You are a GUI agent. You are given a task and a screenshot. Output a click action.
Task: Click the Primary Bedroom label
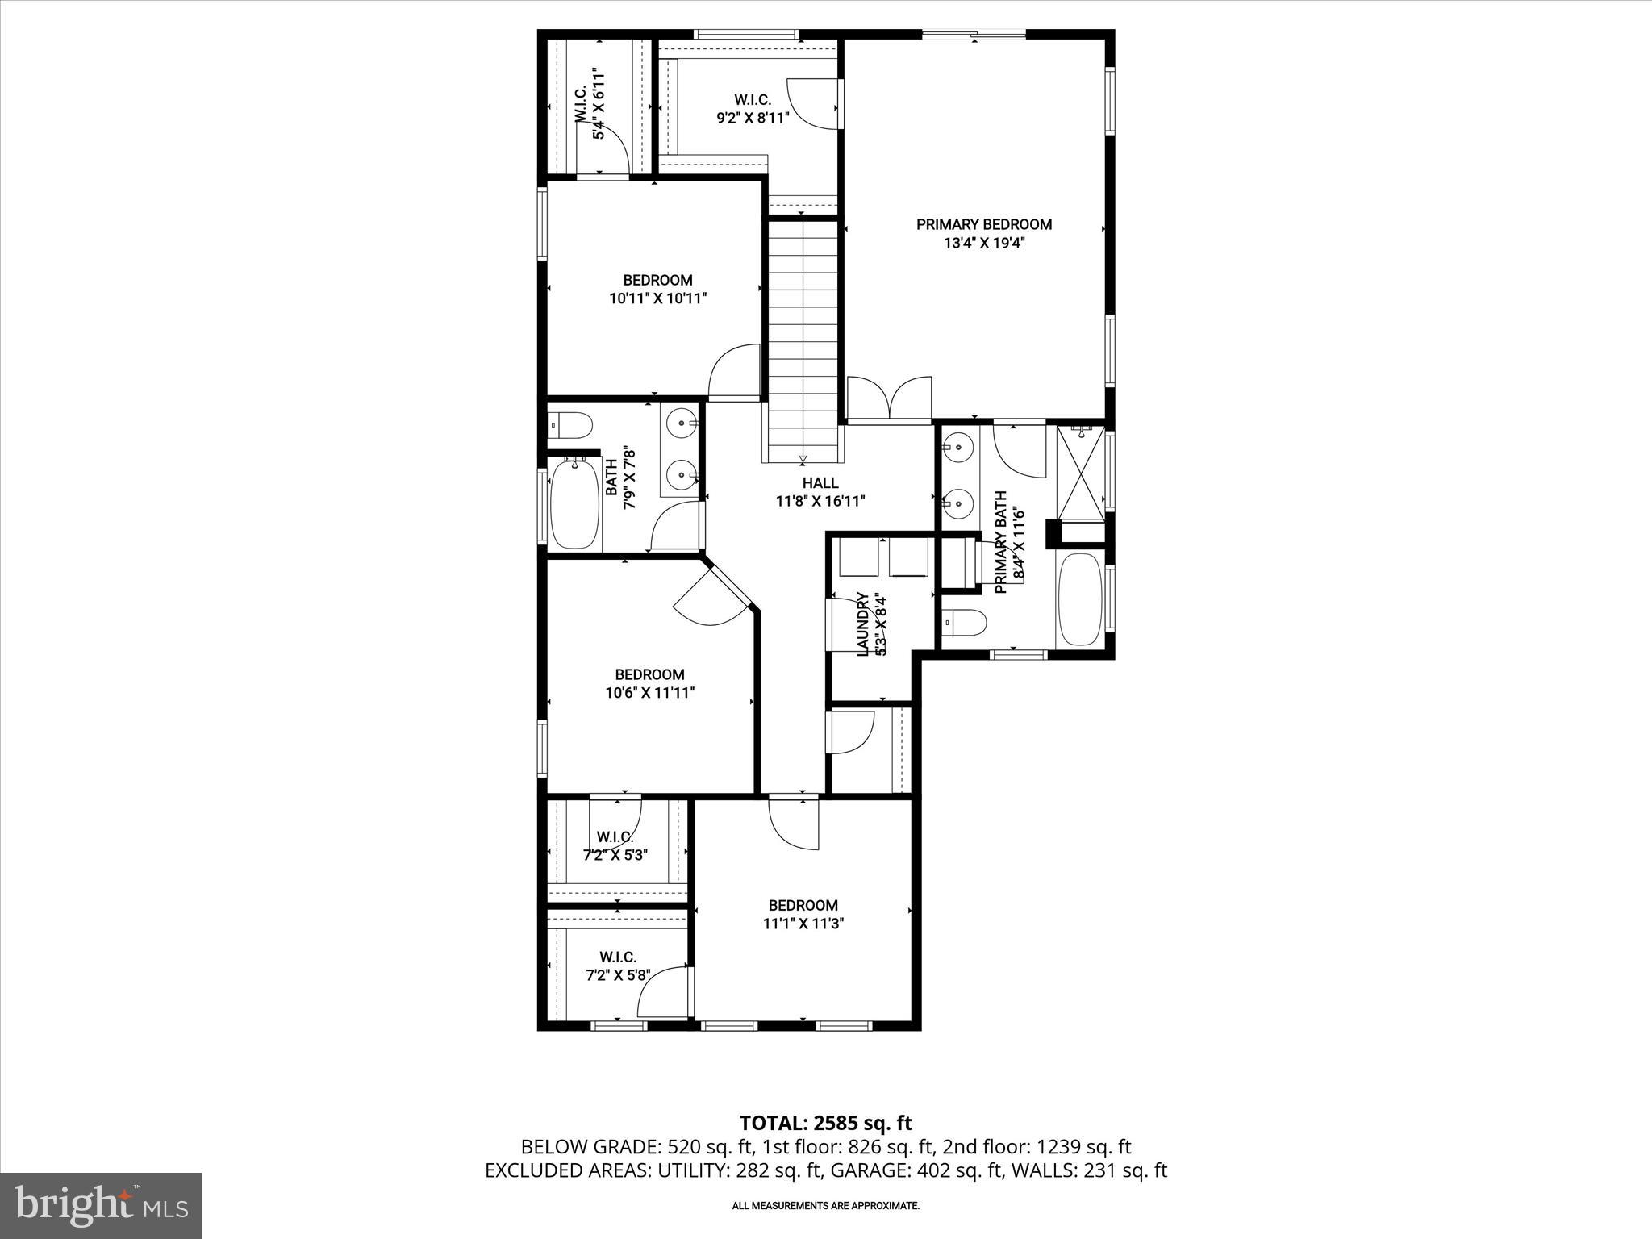point(984,225)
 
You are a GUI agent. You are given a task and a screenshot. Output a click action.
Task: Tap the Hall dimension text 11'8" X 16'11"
point(820,501)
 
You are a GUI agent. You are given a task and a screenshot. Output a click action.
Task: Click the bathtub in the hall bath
point(574,503)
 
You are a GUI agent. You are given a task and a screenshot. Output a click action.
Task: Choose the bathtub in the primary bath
point(1079,599)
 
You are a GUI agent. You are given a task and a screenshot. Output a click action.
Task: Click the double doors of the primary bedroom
point(889,398)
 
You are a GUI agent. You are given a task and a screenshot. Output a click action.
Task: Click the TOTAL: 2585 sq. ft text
point(825,1123)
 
